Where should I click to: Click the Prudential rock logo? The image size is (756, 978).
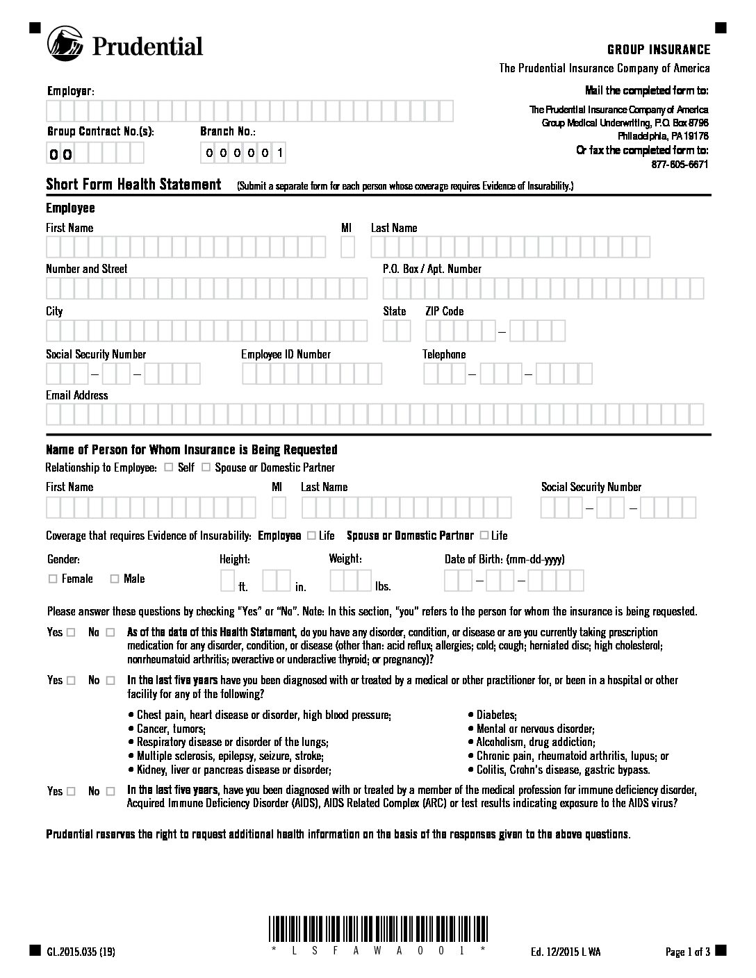click(x=65, y=44)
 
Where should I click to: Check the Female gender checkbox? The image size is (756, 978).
click(x=53, y=579)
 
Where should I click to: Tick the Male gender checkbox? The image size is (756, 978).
click(x=115, y=579)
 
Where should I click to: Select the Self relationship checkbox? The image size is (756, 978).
click(x=169, y=467)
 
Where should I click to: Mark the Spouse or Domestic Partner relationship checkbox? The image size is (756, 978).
click(x=206, y=467)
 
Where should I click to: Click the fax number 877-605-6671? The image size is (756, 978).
click(x=680, y=165)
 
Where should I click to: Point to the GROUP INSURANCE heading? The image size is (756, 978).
click(x=659, y=50)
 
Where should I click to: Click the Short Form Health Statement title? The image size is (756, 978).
click(x=133, y=185)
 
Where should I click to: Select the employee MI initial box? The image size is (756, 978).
click(x=347, y=247)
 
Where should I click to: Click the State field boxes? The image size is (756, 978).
click(x=397, y=331)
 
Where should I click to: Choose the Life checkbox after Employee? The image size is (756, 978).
click(x=311, y=536)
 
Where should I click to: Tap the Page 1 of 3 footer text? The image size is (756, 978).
click(x=687, y=952)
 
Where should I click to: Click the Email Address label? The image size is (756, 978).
click(x=77, y=395)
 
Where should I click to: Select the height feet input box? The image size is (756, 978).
click(x=227, y=579)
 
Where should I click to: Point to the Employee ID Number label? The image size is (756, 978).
click(x=286, y=354)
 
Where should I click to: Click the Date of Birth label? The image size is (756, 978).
click(x=504, y=559)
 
